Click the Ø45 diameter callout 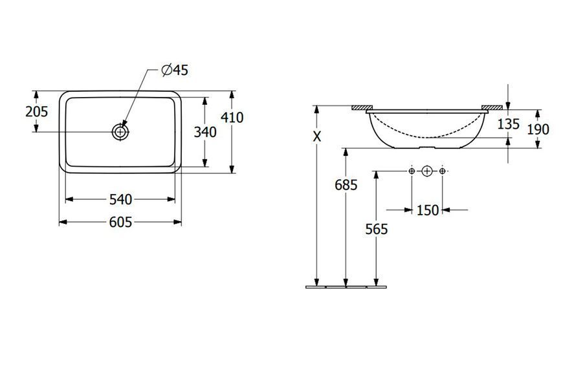[175, 70]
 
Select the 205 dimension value [37, 112]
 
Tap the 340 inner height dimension [205, 132]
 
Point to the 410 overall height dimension [232, 117]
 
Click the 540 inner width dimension [120, 199]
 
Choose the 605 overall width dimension [120, 222]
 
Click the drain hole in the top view [120, 132]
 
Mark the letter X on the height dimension [316, 136]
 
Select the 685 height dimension [346, 185]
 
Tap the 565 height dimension [377, 229]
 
